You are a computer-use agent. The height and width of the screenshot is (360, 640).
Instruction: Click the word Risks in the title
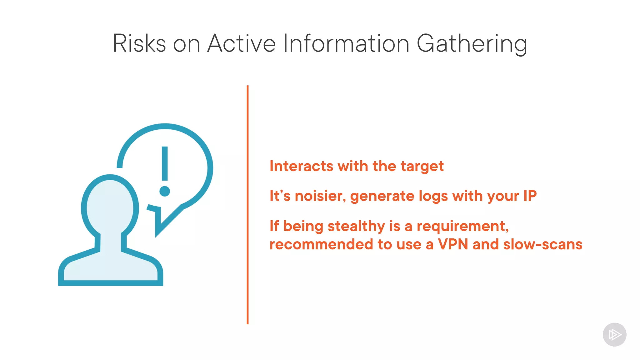[139, 43]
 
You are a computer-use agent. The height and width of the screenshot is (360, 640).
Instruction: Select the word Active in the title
[242, 43]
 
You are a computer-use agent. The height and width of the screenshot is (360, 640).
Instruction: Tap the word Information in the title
[346, 43]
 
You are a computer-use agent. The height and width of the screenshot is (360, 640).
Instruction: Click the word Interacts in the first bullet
[301, 166]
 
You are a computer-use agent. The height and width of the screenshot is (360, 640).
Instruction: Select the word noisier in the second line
[320, 196]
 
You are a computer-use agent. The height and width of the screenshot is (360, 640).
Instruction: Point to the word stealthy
[356, 226]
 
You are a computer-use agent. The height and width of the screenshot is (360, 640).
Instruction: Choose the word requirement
[462, 226]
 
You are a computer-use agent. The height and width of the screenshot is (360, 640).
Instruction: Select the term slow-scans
[543, 244]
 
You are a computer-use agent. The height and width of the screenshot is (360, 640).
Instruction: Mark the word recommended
[321, 244]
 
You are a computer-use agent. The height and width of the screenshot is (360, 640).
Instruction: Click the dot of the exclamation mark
[165, 191]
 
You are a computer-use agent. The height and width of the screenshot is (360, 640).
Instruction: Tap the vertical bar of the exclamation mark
[165, 163]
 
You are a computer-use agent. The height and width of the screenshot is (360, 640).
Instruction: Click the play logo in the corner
[614, 335]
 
